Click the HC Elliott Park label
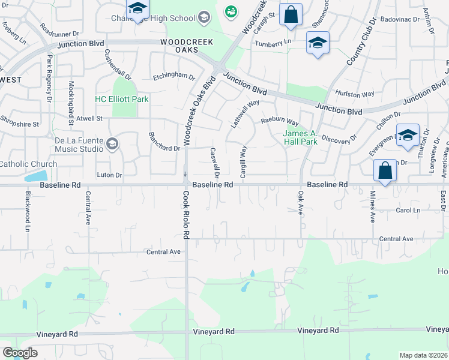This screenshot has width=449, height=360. (x=122, y=98)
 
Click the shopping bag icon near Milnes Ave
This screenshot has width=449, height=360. (x=385, y=171)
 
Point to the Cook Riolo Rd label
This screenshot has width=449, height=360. (x=186, y=214)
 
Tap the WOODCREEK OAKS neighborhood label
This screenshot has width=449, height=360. (x=179, y=46)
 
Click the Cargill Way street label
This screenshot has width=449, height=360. (x=244, y=159)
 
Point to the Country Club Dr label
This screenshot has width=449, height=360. (x=361, y=42)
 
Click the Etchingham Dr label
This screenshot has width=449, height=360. (x=174, y=77)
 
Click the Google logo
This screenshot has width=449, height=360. (x=20, y=353)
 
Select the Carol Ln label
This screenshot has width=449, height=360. (x=408, y=210)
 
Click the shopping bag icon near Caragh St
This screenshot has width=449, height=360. (x=291, y=16)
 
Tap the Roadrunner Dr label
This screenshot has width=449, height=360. (x=60, y=29)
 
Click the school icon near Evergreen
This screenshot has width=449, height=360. (x=408, y=136)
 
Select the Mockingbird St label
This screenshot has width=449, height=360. (x=70, y=103)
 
